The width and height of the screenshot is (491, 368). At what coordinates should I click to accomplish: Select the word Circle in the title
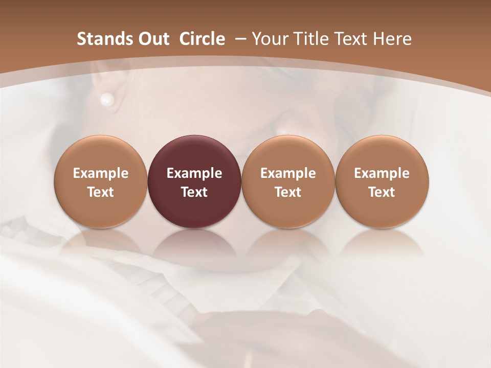coord(202,39)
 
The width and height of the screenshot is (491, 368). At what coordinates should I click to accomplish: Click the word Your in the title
coord(270,39)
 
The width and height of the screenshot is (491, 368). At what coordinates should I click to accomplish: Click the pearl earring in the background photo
coord(107,99)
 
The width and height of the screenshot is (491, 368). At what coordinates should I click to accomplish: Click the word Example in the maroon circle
coord(194,173)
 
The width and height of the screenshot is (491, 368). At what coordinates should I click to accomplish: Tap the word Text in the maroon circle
coord(194,192)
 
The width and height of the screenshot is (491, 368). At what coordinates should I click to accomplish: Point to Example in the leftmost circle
coord(101,173)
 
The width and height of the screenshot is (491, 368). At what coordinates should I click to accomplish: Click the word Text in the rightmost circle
coord(382,192)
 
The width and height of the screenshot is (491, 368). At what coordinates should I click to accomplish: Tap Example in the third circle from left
coord(288,173)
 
